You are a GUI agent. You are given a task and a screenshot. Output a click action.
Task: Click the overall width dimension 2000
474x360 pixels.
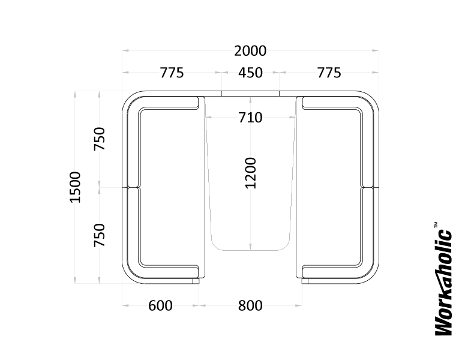coord(250,51)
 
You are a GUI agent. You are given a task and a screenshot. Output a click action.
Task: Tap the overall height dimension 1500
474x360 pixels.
coord(75,187)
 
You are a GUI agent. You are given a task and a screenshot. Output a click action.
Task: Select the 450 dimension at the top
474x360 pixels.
coord(250,73)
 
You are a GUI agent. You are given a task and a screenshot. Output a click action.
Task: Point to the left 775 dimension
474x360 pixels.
coord(172,73)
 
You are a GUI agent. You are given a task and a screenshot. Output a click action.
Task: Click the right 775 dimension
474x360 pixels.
coord(329,73)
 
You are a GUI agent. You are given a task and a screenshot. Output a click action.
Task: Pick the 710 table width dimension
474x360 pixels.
coord(250,118)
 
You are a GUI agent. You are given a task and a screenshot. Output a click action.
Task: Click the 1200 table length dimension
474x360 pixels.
coord(251,173)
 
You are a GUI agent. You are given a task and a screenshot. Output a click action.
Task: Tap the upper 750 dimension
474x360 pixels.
coord(100,139)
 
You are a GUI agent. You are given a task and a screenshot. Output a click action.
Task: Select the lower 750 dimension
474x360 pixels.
coord(100,235)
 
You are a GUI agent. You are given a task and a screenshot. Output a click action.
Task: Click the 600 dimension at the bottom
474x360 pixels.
coord(160,305)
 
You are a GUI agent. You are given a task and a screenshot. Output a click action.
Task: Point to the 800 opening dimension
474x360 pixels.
coord(250,305)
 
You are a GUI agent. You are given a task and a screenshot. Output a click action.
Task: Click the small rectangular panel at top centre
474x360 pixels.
coord(250,94)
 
